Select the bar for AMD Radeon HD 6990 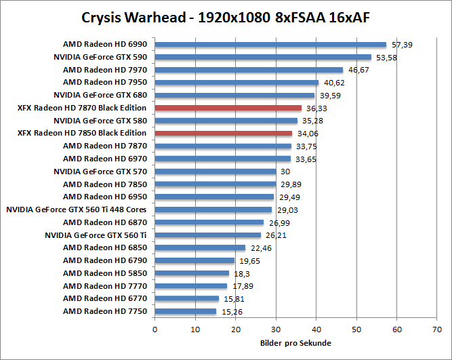270,45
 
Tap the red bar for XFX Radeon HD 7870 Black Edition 228,108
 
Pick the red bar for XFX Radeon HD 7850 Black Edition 224,134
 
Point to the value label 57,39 402,45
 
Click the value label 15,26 232,312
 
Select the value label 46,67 358,70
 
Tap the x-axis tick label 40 316,329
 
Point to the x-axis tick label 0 155,329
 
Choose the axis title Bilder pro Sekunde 295,343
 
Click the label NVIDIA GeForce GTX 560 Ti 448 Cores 77,209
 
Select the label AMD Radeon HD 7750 105,311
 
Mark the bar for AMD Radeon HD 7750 186,311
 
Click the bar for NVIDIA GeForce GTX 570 215,172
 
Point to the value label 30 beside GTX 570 285,172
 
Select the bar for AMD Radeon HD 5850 192,273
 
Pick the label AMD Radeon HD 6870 105,222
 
